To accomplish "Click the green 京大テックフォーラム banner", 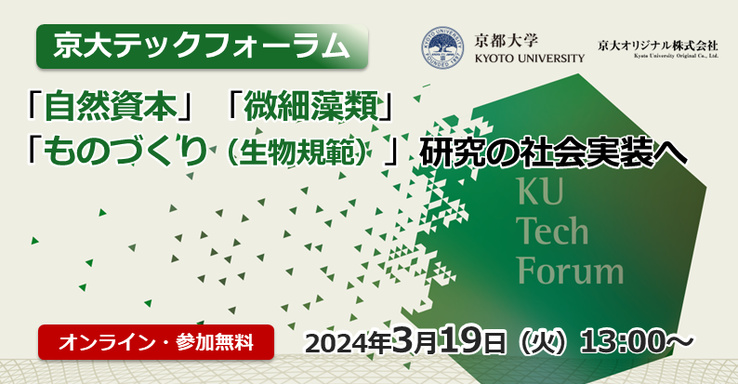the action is tap(202, 46).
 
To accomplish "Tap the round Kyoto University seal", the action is tap(441, 48).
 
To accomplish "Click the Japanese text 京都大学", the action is tap(507, 41).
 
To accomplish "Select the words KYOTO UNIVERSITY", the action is tap(530, 59).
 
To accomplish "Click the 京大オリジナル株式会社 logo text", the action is tap(658, 46).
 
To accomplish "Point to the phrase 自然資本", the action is tap(110, 108).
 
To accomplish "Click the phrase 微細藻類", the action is tap(310, 108).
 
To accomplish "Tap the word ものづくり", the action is tap(125, 151).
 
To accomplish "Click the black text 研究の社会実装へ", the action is tap(554, 152).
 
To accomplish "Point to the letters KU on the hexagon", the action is tap(540, 191).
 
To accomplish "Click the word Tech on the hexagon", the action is tap(552, 231).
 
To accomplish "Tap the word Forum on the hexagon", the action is tap(571, 271).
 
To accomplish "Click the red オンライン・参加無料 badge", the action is tap(156, 342).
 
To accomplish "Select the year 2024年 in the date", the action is tap(349, 343).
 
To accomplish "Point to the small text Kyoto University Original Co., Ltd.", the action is tap(677, 56).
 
